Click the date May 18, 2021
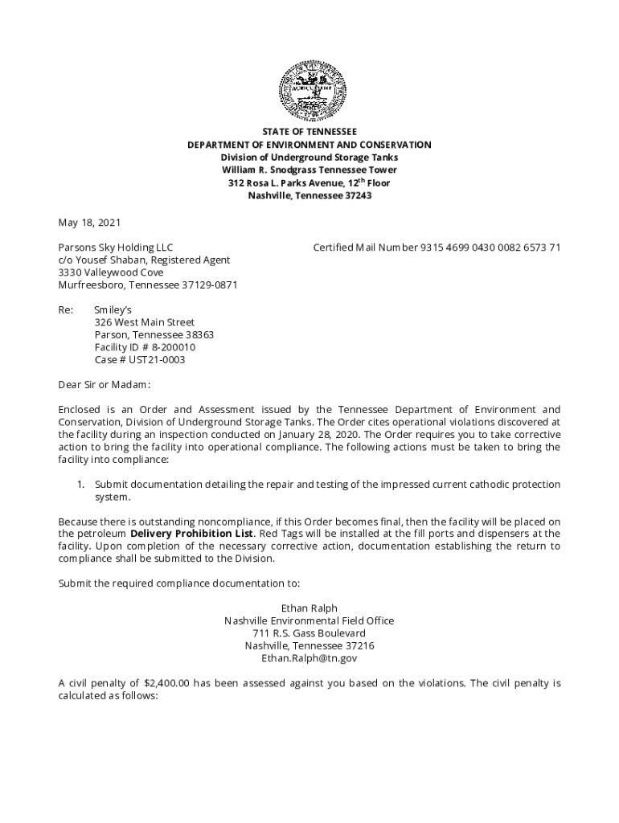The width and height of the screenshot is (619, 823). [x=89, y=222]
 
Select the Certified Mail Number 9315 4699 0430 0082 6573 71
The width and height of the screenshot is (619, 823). [x=490, y=248]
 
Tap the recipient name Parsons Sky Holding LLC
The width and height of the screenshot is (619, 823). [x=115, y=248]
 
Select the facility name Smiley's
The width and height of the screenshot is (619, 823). [x=113, y=310]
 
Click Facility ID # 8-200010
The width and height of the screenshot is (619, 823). [x=145, y=347]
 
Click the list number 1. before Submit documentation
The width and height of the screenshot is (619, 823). [x=80, y=485]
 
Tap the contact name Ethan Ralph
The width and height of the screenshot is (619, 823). [x=309, y=608]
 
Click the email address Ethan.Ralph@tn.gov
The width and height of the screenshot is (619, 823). [x=309, y=658]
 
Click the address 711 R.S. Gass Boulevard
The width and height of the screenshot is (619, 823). [x=309, y=633]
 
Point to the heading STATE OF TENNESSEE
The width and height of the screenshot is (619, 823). [x=309, y=132]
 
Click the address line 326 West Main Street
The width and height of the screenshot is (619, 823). [x=145, y=323]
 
